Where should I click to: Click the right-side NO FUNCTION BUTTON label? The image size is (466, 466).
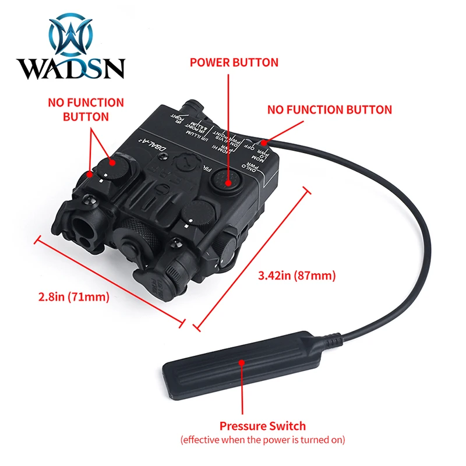pos(329,110)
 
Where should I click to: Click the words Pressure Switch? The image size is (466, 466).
pos(262,426)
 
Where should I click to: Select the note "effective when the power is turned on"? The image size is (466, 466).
pos(262,439)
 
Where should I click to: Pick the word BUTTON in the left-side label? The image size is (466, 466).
pos(86,116)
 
